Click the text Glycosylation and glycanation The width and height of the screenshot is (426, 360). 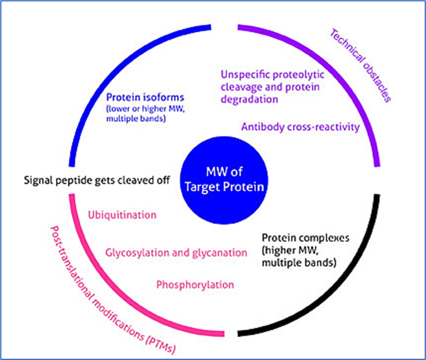tap(176, 252)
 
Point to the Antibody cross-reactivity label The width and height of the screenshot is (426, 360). tap(300, 127)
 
